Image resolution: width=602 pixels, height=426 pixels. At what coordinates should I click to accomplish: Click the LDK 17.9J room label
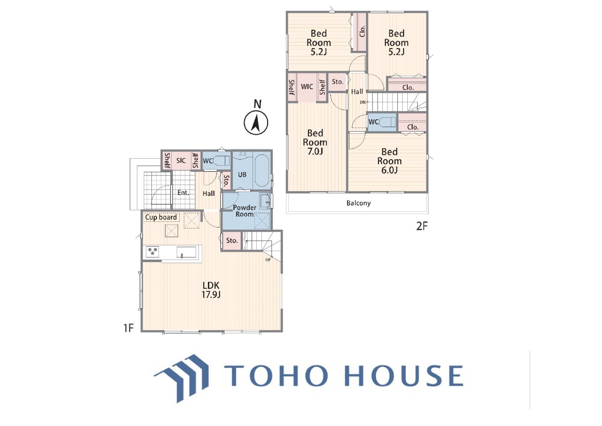[x=211, y=290]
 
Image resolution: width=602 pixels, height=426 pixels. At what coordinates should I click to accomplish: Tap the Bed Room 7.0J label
[x=315, y=142]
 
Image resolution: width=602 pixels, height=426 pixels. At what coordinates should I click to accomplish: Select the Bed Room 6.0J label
[x=389, y=161]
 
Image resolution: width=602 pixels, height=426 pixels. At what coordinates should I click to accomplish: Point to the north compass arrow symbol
[x=256, y=123]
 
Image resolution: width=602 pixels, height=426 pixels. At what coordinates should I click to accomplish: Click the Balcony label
[x=358, y=203]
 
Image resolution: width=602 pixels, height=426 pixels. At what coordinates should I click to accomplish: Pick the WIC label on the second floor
[x=307, y=87]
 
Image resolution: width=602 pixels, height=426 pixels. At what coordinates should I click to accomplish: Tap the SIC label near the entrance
[x=181, y=161]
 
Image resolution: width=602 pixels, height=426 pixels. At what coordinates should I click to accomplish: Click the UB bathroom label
[x=242, y=175]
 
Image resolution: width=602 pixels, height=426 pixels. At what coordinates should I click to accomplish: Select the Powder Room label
[x=245, y=211]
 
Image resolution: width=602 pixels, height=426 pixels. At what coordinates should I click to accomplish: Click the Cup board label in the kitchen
[x=161, y=217]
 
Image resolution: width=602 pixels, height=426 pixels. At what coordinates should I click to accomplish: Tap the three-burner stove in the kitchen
[x=152, y=252]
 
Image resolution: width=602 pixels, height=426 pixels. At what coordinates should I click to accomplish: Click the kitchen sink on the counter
[x=186, y=252]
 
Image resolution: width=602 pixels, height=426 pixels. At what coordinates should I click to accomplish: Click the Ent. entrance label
[x=183, y=193]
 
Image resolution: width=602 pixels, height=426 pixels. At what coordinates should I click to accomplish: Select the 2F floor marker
[x=422, y=226]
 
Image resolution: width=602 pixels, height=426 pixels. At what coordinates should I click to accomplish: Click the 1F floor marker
[x=128, y=328]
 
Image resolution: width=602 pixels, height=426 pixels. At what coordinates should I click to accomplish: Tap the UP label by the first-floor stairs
[x=268, y=260]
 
